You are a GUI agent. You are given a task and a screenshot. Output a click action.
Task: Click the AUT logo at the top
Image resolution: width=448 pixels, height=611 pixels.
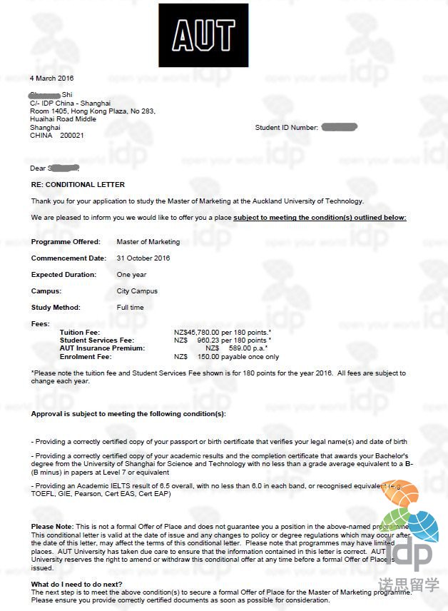click(203, 35)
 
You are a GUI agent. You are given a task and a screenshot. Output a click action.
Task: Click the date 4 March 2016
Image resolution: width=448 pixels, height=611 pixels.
click(51, 78)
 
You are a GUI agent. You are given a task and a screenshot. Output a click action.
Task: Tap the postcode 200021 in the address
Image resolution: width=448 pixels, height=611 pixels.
click(72, 135)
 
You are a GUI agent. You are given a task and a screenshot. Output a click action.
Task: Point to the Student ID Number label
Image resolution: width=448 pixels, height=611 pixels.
click(286, 128)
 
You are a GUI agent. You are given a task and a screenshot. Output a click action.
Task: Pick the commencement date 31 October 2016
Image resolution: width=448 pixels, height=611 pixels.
click(143, 258)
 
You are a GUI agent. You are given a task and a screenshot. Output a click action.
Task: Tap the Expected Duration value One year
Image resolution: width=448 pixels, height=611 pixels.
click(131, 275)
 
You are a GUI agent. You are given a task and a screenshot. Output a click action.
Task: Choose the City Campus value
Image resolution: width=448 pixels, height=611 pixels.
click(137, 291)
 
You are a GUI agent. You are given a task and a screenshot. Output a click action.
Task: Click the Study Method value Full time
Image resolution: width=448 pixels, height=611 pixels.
click(130, 308)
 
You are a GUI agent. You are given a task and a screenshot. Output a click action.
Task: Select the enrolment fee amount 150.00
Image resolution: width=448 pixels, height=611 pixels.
click(208, 356)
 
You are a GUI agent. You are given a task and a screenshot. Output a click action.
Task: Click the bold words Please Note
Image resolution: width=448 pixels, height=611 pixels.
click(52, 526)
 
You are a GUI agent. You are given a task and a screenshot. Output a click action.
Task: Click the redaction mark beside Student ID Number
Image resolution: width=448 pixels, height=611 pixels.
click(339, 127)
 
